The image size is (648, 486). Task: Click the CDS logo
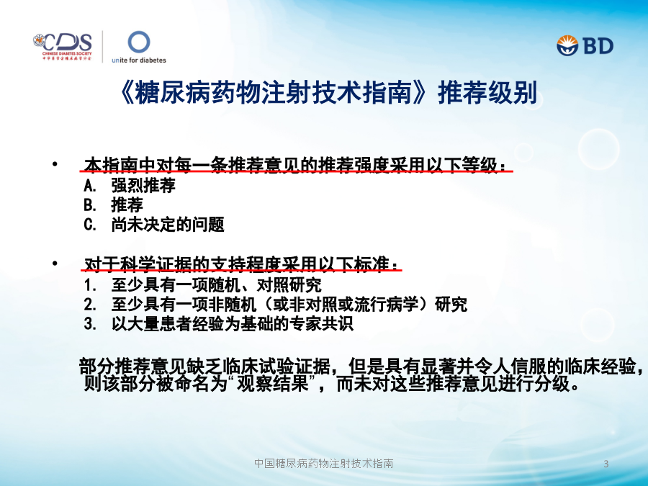63,47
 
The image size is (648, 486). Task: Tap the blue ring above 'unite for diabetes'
139,42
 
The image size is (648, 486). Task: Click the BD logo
585,45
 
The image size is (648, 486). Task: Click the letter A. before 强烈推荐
90,186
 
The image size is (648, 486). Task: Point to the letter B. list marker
90,205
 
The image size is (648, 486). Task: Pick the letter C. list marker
90,225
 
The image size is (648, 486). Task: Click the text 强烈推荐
143,186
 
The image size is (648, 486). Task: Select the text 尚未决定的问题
167,225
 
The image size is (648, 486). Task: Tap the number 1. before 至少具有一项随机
90,285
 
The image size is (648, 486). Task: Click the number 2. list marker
90,305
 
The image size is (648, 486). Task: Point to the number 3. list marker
90,324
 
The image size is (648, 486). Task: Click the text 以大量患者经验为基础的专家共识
233,324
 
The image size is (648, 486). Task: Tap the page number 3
606,464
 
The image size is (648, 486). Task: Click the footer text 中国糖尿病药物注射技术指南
323,463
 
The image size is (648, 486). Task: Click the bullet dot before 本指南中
55,164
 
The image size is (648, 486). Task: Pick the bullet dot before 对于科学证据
55,263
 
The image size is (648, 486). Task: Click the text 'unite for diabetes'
139,60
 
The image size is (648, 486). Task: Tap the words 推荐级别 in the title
487,92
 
